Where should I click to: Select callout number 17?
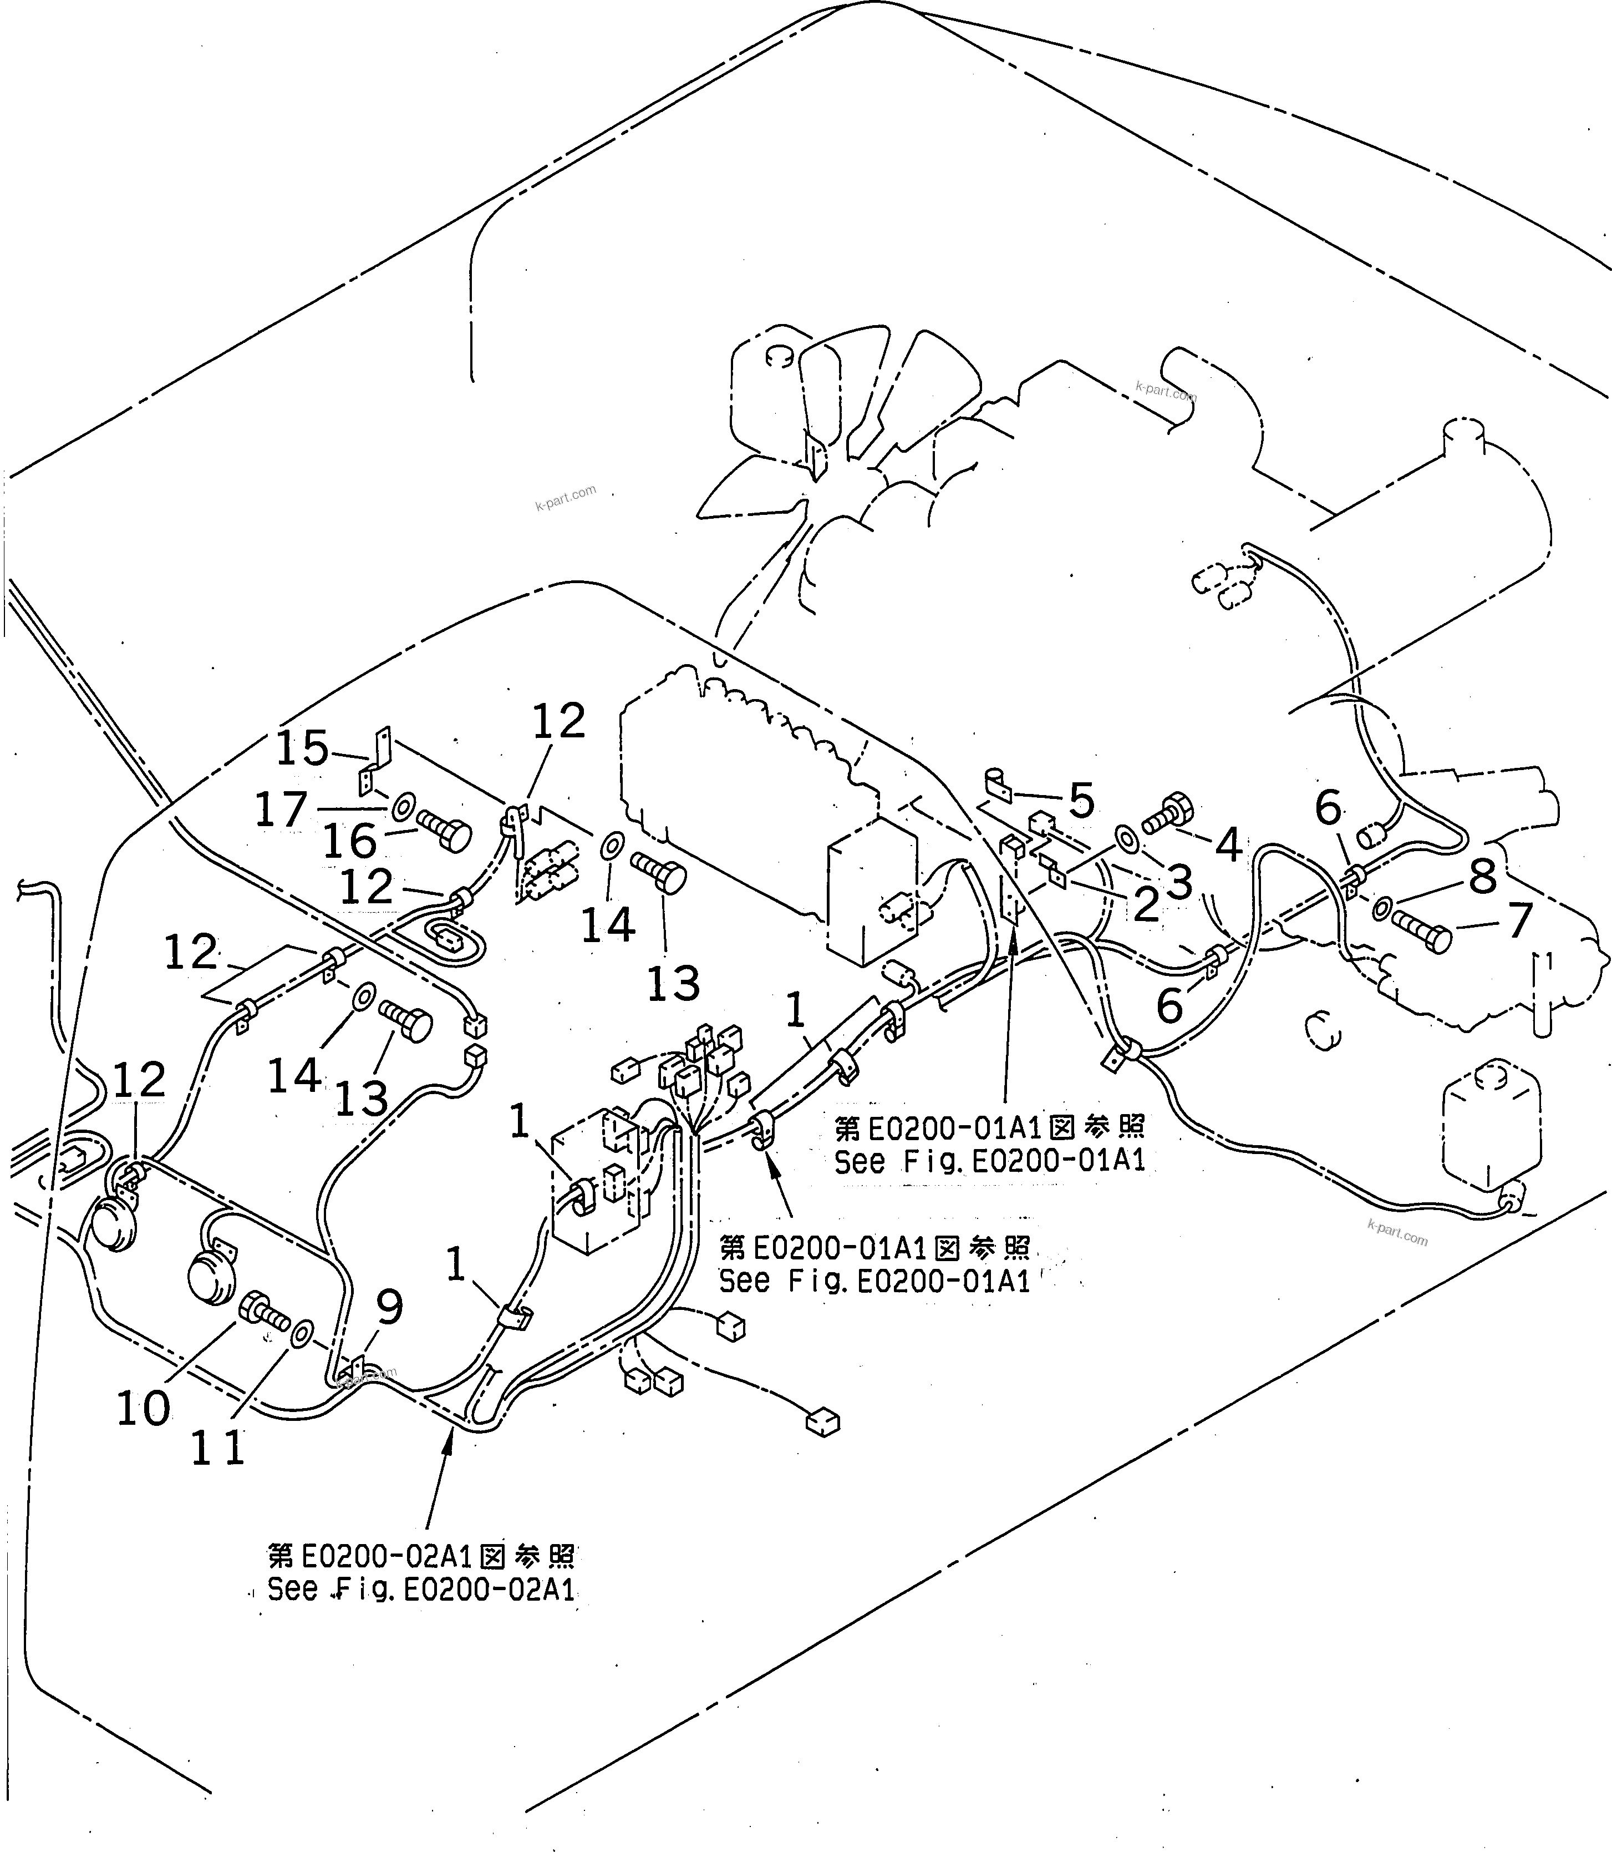pos(282,810)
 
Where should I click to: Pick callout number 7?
pos(1519,920)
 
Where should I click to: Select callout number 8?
pos(1482,877)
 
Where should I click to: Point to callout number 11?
pos(218,1448)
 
